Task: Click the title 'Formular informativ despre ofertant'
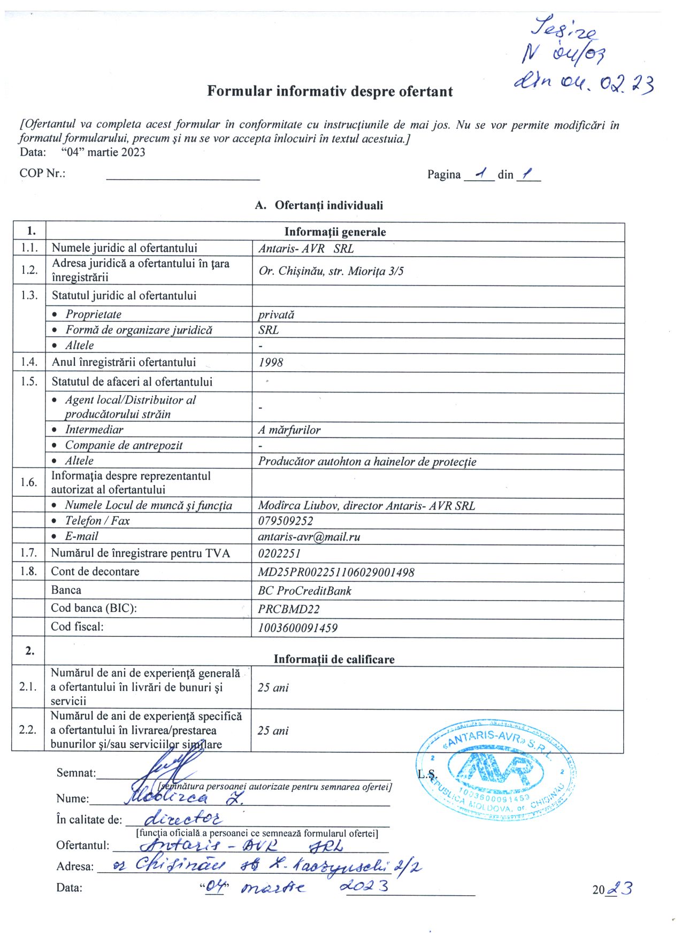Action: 330,91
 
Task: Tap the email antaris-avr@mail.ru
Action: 309,537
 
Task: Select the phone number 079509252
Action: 286,521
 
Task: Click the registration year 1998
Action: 271,363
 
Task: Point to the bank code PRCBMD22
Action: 289,609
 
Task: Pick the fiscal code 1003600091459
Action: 297,628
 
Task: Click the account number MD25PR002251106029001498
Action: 336,572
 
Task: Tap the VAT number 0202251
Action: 279,553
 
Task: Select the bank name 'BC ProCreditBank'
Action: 304,591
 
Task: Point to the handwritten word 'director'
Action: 183,818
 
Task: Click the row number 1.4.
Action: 29,362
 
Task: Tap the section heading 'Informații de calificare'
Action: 334,659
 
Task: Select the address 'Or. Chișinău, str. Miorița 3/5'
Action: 331,271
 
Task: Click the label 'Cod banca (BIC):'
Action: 94,608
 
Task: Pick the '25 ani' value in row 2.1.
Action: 273,688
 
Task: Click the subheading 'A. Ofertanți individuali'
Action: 319,205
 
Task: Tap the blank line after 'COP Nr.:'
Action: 183,175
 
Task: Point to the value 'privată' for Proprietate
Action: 276,314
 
